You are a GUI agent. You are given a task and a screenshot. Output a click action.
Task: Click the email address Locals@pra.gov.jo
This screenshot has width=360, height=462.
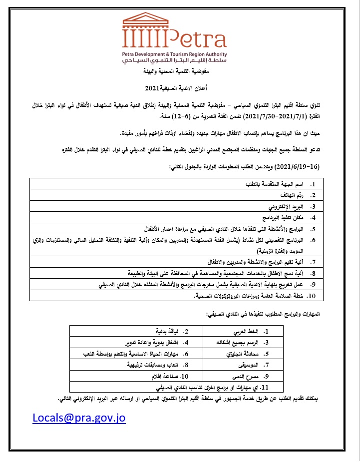tap(79, 418)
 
